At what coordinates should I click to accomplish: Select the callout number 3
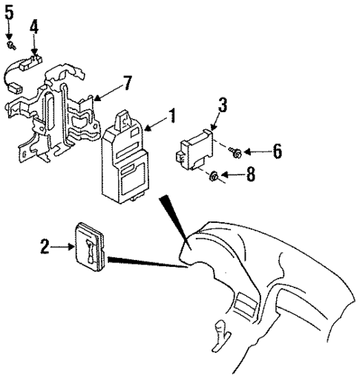click(222, 105)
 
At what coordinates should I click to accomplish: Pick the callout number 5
click(9, 13)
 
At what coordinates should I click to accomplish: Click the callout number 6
click(277, 151)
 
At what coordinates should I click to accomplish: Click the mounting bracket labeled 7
click(56, 111)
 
